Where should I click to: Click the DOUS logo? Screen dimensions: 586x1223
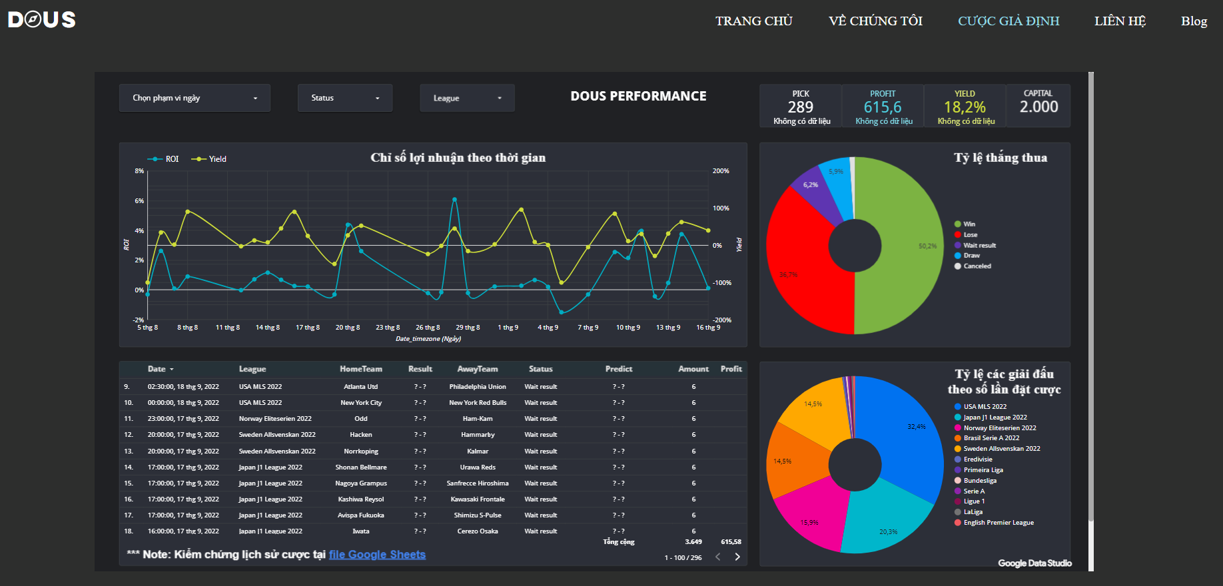tap(41, 20)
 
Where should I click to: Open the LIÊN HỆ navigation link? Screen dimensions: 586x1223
tap(1120, 21)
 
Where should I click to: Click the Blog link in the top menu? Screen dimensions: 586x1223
tap(1194, 21)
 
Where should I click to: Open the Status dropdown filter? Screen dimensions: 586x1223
tap(344, 98)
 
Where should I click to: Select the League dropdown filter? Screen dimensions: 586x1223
tap(466, 98)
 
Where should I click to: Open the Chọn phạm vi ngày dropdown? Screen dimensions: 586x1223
tap(194, 98)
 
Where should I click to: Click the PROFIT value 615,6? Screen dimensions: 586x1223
tap(882, 107)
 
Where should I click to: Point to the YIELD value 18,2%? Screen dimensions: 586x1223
tap(965, 107)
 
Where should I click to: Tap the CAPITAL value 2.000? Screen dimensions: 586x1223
tap(1038, 107)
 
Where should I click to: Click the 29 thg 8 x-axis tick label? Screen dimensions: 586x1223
tap(468, 328)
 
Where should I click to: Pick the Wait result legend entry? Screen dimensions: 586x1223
tap(979, 245)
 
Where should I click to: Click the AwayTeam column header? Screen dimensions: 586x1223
tap(477, 369)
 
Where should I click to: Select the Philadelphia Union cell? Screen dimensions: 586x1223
tap(477, 387)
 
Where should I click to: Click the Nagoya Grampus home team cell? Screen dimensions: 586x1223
tap(360, 483)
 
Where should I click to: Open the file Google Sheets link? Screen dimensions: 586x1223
tap(377, 555)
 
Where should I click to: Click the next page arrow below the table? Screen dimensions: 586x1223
tap(737, 557)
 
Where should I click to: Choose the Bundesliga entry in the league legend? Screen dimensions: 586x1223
tap(980, 481)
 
